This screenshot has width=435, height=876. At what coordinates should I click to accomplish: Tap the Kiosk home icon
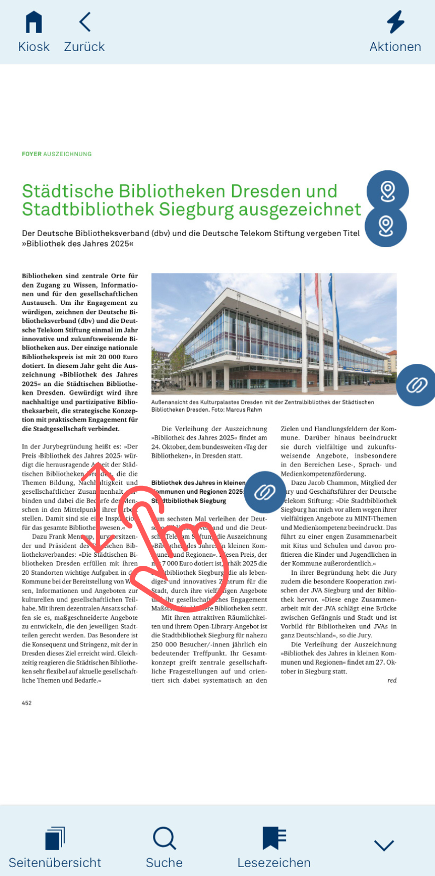[x=34, y=23]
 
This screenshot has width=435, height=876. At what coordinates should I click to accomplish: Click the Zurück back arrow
[x=85, y=22]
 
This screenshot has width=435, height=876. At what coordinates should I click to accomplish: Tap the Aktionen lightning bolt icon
[x=395, y=22]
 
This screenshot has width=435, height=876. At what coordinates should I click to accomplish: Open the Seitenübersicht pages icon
[x=55, y=838]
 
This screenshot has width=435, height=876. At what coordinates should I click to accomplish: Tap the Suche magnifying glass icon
[x=164, y=838]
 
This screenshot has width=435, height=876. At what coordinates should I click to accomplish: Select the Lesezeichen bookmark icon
[x=274, y=838]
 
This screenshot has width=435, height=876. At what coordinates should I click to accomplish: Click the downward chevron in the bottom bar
[x=384, y=845]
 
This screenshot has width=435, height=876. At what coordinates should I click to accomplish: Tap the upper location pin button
[x=388, y=191]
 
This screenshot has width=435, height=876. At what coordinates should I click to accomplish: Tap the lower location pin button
[x=386, y=226]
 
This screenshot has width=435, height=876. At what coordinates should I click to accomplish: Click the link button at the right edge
[x=417, y=385]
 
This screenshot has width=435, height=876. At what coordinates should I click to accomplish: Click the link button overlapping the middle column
[x=265, y=492]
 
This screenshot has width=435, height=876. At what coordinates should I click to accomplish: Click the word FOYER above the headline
[x=32, y=154]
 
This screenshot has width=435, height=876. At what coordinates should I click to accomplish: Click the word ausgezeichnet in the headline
[x=300, y=209]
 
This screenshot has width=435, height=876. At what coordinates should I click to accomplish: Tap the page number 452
[x=27, y=703]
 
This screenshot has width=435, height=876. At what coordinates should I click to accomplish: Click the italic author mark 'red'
[x=392, y=680]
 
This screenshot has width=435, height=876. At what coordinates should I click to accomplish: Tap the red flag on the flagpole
[x=317, y=289]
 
